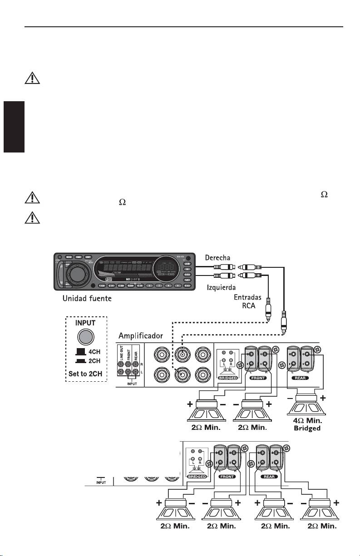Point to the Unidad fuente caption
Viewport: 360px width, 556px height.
coord(88,299)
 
